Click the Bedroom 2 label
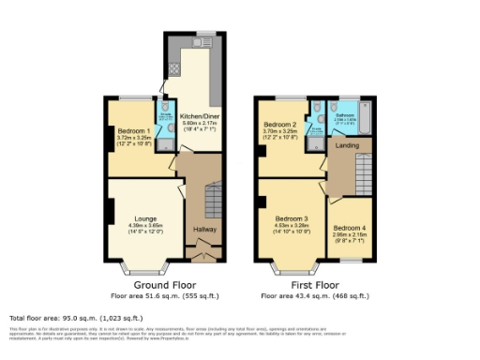(280, 126)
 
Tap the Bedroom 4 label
(349, 228)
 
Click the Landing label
(348, 145)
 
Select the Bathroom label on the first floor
(346, 113)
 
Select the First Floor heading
(313, 285)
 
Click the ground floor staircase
(207, 198)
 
